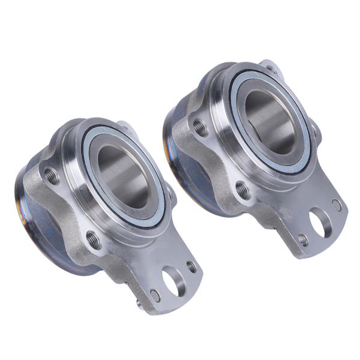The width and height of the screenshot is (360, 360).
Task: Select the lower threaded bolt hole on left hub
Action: point(94,239)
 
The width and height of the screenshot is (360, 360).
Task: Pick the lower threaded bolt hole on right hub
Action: point(243,190)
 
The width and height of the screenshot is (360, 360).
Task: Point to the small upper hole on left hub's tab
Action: point(191,265)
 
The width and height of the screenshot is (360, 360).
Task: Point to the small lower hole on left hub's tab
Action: point(155,295)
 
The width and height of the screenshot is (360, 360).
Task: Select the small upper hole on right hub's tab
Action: point(337,205)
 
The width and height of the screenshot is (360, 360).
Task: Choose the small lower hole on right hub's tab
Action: point(303,240)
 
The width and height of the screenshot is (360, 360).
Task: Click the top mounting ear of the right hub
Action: point(268,65)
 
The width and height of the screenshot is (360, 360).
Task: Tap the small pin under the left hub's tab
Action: point(139,304)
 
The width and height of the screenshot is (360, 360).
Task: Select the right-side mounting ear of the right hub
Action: point(313,129)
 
